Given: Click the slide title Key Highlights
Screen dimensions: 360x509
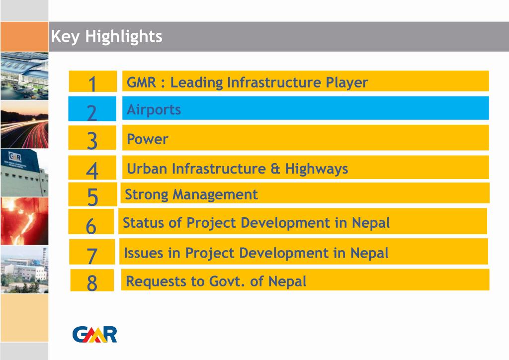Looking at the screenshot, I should click(106, 36).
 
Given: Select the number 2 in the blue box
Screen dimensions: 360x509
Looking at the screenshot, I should click(92, 112).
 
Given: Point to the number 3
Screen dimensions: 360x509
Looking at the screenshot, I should click(92, 141).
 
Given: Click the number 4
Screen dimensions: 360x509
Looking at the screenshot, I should click(92, 171).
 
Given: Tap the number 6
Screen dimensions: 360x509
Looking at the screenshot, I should click(91, 226).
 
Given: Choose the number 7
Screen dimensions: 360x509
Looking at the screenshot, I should click(92, 256).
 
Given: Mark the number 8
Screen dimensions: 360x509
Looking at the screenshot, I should click(92, 283).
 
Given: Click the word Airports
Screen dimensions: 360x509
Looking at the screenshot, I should click(154, 109).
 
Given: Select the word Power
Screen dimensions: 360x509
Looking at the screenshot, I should click(148, 139).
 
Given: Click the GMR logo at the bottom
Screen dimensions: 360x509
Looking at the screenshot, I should click(94, 334).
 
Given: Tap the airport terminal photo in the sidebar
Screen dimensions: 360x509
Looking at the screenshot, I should click(24, 76).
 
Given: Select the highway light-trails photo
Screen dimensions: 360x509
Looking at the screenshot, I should click(24, 124).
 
